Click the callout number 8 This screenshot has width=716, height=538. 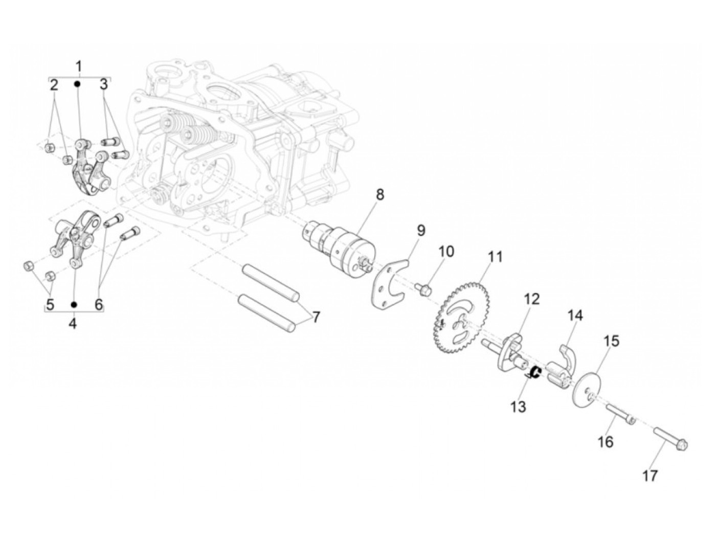(x=379, y=195)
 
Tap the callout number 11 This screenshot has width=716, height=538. (x=495, y=257)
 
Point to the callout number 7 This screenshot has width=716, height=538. (x=316, y=317)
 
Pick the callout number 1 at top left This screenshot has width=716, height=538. (x=79, y=66)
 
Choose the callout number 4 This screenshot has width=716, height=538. (x=73, y=323)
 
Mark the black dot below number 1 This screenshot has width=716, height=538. (x=78, y=83)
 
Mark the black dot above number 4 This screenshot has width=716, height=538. (x=74, y=304)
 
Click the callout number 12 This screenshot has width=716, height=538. (x=531, y=299)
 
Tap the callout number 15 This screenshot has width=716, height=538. (x=612, y=341)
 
